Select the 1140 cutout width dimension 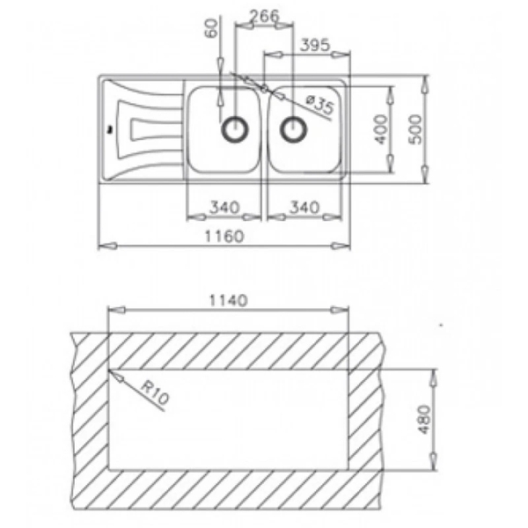point(226,299)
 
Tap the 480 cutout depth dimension point(423,420)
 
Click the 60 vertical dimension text point(210,29)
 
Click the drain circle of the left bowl point(234,128)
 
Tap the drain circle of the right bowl point(293,128)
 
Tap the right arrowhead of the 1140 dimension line point(346,310)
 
